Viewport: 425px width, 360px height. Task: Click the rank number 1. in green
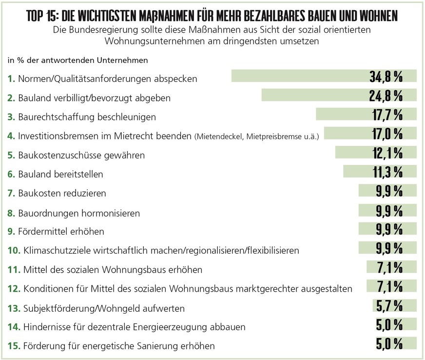pyautogui.click(x=11, y=79)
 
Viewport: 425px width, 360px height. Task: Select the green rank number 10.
pyautogui.click(x=14, y=250)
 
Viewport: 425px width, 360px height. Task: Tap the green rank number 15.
pyautogui.click(x=14, y=346)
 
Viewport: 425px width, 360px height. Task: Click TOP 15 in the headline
pyautogui.click(x=43, y=17)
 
